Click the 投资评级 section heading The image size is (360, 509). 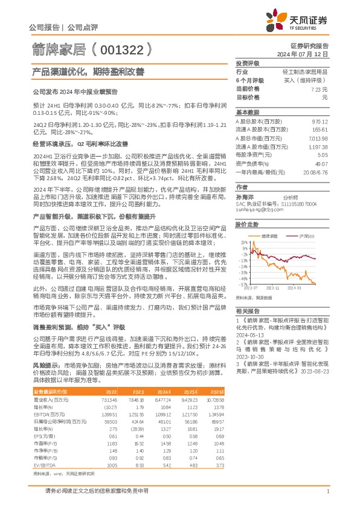[x=247, y=63]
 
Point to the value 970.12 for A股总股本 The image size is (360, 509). [x=319, y=121]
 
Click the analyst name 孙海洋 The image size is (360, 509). [x=245, y=180]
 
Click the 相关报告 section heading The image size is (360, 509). [x=247, y=309]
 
